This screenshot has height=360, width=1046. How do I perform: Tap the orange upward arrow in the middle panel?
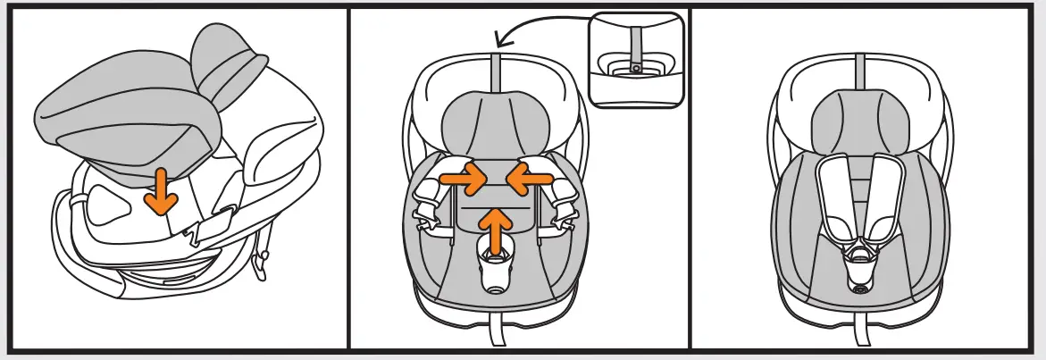tap(497, 229)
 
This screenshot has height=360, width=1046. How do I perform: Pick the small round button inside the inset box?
tap(635, 67)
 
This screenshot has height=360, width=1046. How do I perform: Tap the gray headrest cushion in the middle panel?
tap(497, 125)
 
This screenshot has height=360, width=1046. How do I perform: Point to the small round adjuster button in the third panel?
tap(860, 289)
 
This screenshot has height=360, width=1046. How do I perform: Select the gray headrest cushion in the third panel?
tap(860, 121)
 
